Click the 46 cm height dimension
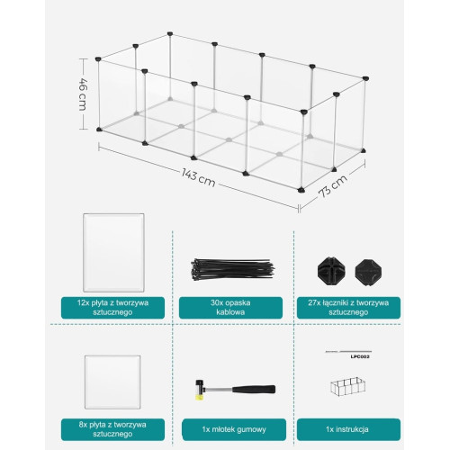[x=83, y=94]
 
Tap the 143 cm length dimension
[x=199, y=177]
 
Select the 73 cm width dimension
[x=333, y=185]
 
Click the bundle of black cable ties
[x=232, y=268]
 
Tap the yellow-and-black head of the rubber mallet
[x=199, y=390]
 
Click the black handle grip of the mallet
[x=254, y=390]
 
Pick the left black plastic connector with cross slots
[x=331, y=271]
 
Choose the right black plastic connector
[x=368, y=273]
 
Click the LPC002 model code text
[x=360, y=356]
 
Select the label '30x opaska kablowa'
[x=230, y=308]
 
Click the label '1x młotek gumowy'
[x=234, y=429]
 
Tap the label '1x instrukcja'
[x=348, y=429]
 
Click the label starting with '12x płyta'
[x=112, y=308]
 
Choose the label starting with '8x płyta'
[x=112, y=429]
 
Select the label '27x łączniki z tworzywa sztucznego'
[x=348, y=308]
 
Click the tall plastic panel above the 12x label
[x=113, y=253]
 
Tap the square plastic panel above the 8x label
[x=112, y=382]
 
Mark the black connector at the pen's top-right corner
[x=365, y=78]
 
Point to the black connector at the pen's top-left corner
[x=98, y=59]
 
